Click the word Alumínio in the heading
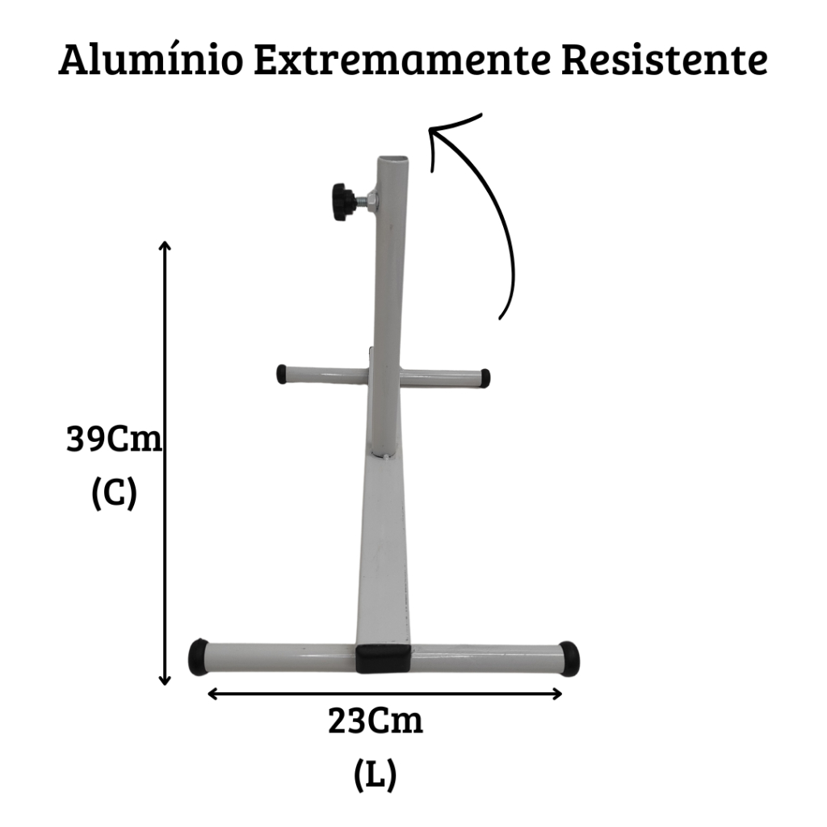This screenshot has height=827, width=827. pos(151,60)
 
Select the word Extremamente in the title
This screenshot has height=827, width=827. pos(402,61)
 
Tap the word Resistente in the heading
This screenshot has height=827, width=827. pos(664,60)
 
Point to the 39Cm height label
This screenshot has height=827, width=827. pos(114,439)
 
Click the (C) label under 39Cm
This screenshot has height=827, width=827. pos(114,493)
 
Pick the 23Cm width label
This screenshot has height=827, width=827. pos(375,721)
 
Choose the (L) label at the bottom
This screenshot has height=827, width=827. pos(375,775)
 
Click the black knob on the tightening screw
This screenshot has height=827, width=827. pos(343,201)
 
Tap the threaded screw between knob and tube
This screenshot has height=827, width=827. pos(364,201)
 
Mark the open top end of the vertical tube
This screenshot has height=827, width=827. pos(393,159)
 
